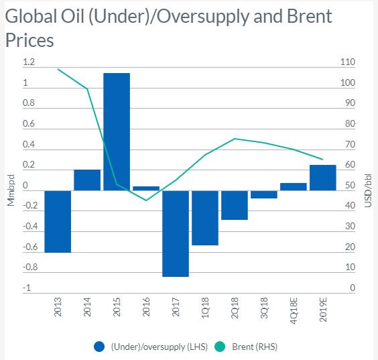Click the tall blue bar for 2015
pos(117,131)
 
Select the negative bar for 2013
pos(58,221)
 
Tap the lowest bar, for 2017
pos(176,234)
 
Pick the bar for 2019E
pos(323,178)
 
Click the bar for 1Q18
pos(205,218)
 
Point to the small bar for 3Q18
pos(264,194)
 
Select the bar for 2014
pos(87,180)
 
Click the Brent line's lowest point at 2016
pos(146,200)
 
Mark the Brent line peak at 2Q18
pos(235,139)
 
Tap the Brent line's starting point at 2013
pos(58,70)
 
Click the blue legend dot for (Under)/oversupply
pos(99,347)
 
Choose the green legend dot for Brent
pos(220,347)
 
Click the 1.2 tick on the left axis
pos(29,62)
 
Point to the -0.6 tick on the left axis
pos(30,247)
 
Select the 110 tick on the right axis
pos(348,62)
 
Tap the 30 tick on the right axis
pos(350,226)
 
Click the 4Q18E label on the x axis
pos(294,311)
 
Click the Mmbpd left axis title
pos(11,190)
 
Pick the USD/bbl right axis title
pos(368,190)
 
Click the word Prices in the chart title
pos(29,40)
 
